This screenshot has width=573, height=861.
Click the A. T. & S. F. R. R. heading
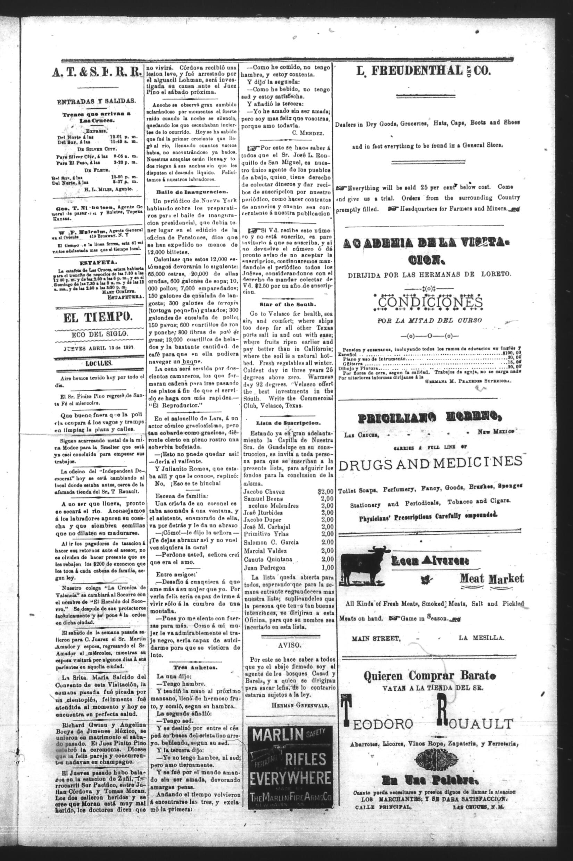pos(97,73)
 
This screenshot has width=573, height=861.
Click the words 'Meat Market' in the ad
pos(491,579)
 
